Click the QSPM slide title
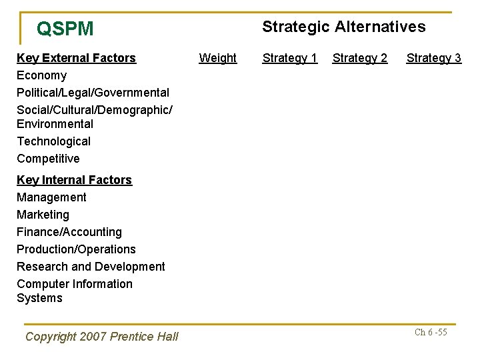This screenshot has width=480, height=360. click(65, 29)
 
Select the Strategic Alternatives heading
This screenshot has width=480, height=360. click(343, 27)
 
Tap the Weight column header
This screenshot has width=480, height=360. click(217, 58)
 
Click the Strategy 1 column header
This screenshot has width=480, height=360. click(289, 58)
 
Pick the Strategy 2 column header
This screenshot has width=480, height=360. click(359, 58)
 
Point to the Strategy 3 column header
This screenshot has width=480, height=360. click(433, 58)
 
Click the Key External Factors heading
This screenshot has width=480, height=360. click(76, 58)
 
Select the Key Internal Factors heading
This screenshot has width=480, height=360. click(74, 180)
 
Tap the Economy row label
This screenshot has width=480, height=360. click(41, 75)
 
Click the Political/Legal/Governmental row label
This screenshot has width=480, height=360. click(93, 93)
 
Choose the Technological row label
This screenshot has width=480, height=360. click(53, 141)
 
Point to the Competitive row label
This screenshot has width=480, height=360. click(48, 159)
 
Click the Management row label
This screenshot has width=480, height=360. click(51, 197)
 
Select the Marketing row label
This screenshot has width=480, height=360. click(43, 215)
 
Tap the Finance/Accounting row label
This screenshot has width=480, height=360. click(69, 232)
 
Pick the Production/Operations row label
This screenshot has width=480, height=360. click(76, 249)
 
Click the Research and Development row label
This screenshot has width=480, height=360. click(91, 267)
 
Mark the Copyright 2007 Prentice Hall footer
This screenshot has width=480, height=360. click(101, 337)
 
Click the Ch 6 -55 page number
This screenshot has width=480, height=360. click(431, 332)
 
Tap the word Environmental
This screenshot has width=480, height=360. click(55, 124)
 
